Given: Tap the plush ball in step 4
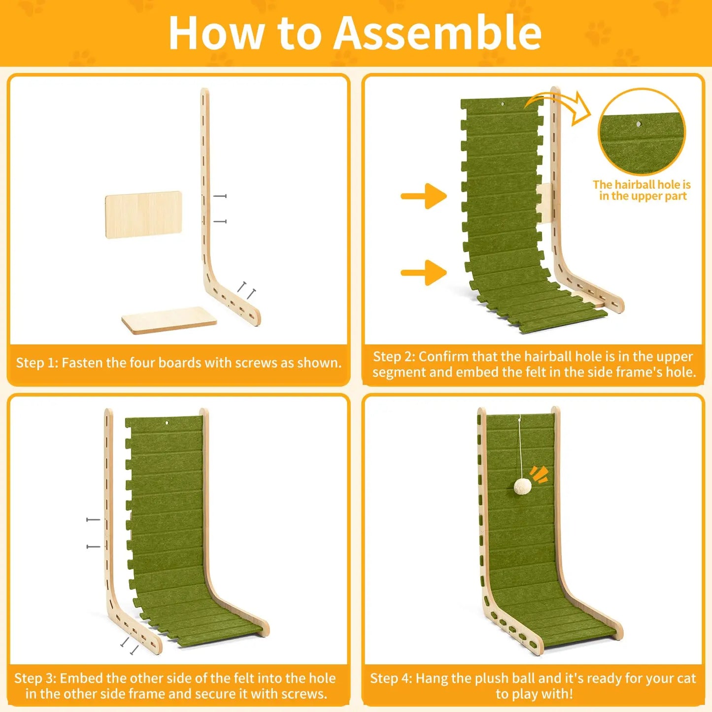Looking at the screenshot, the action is [523, 487].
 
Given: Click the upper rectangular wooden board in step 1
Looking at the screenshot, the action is [143, 215].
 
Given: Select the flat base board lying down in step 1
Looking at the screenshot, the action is [169, 320].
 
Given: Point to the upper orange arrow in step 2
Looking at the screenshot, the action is [424, 196].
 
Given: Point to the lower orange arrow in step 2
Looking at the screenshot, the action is [424, 272].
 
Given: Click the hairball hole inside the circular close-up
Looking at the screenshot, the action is [639, 124].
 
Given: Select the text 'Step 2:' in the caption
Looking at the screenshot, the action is [394, 357].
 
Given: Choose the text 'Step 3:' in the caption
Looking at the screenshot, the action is [35, 678].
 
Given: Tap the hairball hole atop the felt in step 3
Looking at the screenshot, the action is [167, 422].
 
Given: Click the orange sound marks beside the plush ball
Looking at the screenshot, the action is [539, 475].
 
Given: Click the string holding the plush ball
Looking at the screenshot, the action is [520, 447].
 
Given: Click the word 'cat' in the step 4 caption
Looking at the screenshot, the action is [686, 679].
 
